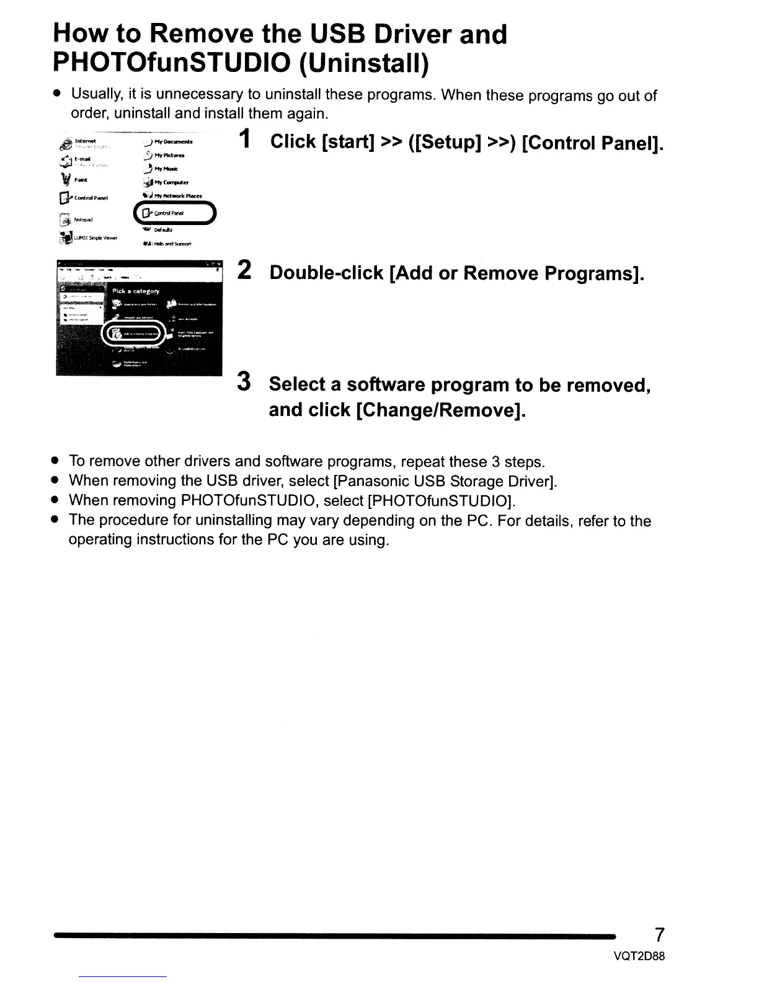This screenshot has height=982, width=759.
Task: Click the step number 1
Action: pyautogui.click(x=246, y=140)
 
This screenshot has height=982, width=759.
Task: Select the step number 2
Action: pyautogui.click(x=244, y=271)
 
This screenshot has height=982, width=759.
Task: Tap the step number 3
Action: pyautogui.click(x=244, y=382)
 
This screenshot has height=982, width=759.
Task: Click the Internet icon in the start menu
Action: pyautogui.click(x=64, y=143)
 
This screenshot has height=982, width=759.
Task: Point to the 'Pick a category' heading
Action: pyautogui.click(x=135, y=291)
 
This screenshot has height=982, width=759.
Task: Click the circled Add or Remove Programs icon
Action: pyautogui.click(x=116, y=334)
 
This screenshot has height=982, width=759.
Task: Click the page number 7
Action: pyautogui.click(x=660, y=934)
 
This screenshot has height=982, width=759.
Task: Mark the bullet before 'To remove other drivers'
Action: pyautogui.click(x=55, y=462)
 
